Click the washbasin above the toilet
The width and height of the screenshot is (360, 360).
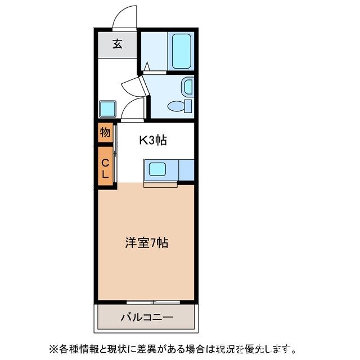point(187,87)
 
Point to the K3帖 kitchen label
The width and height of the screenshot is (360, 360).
point(153,141)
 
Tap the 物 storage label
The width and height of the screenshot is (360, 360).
point(105,133)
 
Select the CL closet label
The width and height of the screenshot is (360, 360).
point(105,168)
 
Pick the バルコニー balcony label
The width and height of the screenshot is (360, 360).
point(147,318)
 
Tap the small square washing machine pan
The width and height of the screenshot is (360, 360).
point(107,108)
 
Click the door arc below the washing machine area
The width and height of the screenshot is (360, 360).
point(133,110)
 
